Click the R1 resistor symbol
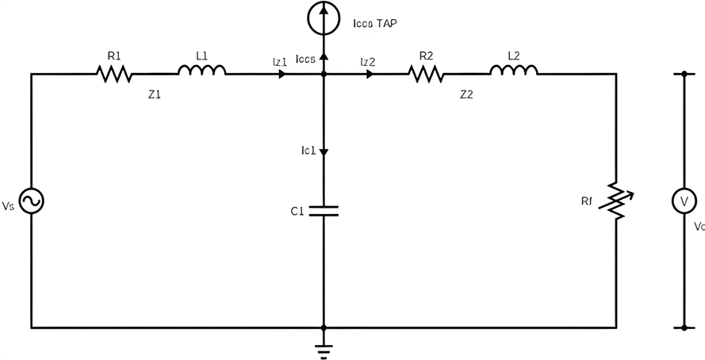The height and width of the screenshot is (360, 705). [x=113, y=74]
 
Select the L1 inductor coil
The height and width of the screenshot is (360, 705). [x=201, y=71]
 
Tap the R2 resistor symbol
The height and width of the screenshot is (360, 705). [x=426, y=74]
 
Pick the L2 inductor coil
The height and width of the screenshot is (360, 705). [x=514, y=71]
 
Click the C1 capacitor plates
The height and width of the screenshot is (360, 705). [x=324, y=211]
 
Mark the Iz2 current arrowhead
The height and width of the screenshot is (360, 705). [x=370, y=75]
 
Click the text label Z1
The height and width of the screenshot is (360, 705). [x=154, y=94]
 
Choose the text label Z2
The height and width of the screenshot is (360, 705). [x=466, y=94]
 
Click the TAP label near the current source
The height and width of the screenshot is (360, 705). [x=386, y=25]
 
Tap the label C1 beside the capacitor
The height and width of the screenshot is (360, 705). [x=297, y=212]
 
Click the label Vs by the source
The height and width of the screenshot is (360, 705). [x=8, y=206]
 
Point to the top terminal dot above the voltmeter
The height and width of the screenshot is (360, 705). [x=683, y=74]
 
